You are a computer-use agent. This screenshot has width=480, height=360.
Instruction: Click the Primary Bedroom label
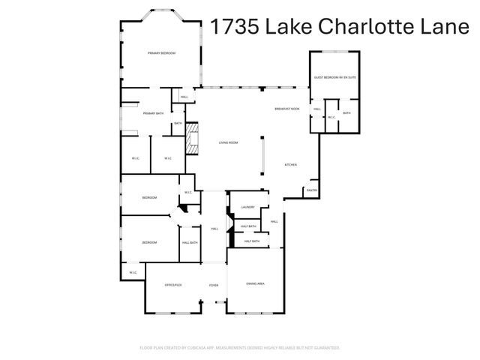[161, 53]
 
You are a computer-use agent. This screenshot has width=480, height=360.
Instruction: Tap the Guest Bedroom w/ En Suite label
[334, 77]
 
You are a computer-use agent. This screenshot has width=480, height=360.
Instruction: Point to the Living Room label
[228, 142]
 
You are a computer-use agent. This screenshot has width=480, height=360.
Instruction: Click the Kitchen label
[291, 165]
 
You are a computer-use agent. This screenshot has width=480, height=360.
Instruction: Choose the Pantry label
[312, 190]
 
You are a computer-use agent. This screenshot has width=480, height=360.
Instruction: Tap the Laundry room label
[248, 208]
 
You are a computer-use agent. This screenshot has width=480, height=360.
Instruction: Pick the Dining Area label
[256, 283]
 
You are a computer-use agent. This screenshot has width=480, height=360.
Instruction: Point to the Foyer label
[214, 284]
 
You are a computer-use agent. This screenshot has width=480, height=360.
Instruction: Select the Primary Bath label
[154, 113]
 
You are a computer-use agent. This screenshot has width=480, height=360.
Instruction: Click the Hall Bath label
[190, 241]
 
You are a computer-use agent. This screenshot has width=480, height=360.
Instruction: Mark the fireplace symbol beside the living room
[193, 139]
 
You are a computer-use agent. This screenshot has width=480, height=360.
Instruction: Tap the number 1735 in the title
[235, 28]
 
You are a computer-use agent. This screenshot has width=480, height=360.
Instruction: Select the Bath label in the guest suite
[346, 112]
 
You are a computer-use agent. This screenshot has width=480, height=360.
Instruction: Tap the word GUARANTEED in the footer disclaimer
[324, 348]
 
